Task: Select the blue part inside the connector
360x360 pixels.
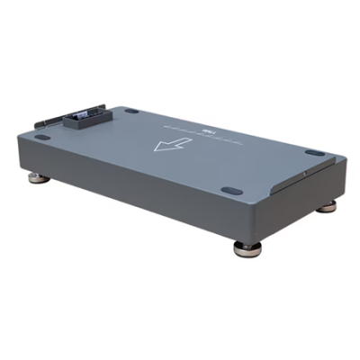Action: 83,114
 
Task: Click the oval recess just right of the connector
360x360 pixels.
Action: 131,111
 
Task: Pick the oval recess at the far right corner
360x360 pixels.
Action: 314,153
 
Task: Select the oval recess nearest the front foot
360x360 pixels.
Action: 231,191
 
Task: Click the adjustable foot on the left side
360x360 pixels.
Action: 38,178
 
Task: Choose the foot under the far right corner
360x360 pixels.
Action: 328,205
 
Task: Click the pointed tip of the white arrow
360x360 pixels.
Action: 157,148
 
